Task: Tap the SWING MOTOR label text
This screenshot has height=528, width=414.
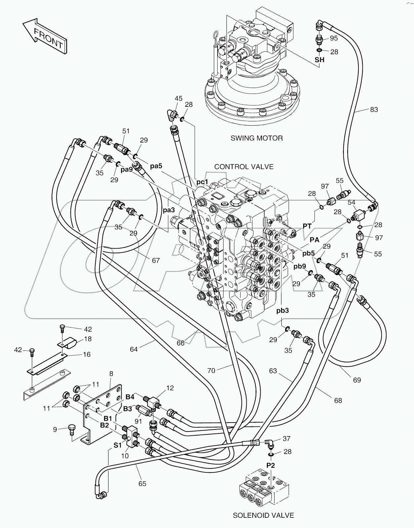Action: coord(256,138)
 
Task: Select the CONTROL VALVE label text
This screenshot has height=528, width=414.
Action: coord(244,167)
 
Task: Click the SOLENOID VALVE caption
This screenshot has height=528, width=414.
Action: coord(263,515)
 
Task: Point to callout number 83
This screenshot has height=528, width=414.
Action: coord(374,109)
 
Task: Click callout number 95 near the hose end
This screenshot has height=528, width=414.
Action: coord(334,38)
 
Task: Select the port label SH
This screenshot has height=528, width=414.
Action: coord(319,60)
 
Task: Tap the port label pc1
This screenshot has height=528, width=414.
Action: coord(202,182)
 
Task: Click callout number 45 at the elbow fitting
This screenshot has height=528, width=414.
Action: coord(179,98)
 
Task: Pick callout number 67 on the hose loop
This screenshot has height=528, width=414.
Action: coord(156,261)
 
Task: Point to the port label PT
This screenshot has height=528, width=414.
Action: coord(307,226)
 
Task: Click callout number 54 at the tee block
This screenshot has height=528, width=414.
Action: coord(351,202)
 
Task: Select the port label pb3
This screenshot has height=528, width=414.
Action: coord(282,310)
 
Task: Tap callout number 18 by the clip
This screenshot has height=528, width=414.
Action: coord(88,339)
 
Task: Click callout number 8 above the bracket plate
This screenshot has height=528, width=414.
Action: coord(111,374)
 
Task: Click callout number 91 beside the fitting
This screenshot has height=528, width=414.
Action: coord(138,422)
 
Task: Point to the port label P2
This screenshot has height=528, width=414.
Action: coord(270,465)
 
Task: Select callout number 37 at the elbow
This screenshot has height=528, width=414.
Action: coord(286,438)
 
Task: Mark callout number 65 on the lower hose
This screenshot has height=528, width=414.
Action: coord(142,484)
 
